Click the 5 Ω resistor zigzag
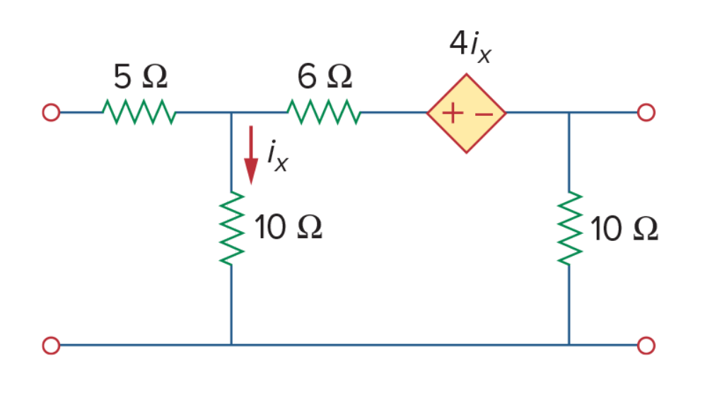[x=139, y=112]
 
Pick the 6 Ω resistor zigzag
[x=324, y=112]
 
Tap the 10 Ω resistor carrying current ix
[x=232, y=228]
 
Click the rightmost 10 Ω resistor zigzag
[x=570, y=228]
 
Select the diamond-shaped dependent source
[x=467, y=113]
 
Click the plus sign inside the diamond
[x=453, y=113]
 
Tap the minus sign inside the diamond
[x=484, y=114]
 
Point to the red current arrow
[x=250, y=155]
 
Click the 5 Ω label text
[x=141, y=76]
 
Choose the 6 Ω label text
[x=325, y=76]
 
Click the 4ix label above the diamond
[x=470, y=46]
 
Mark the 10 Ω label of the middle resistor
[x=288, y=227]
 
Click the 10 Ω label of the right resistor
[x=624, y=228]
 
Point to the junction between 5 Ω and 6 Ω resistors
[x=231, y=112]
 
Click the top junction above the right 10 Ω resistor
[x=569, y=112]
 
